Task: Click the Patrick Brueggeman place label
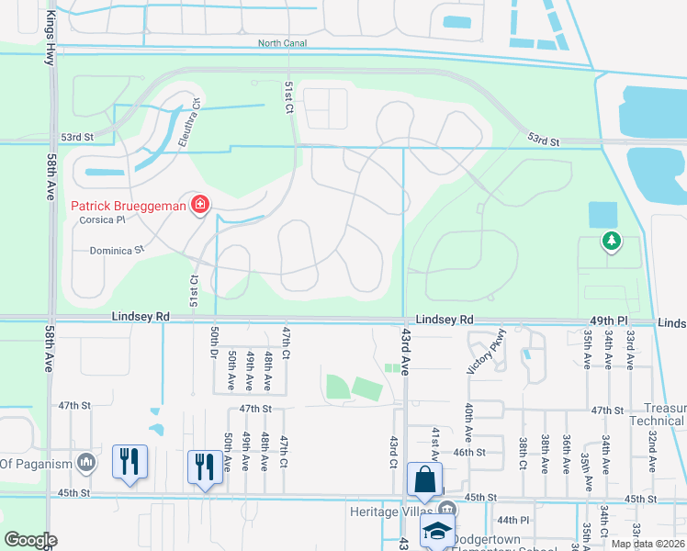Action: coord(129,205)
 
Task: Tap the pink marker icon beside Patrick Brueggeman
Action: coord(199,205)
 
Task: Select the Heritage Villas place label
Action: coord(387,511)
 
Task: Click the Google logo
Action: coord(31,540)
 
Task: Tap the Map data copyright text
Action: coord(648,544)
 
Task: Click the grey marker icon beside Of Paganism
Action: coord(85,463)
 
